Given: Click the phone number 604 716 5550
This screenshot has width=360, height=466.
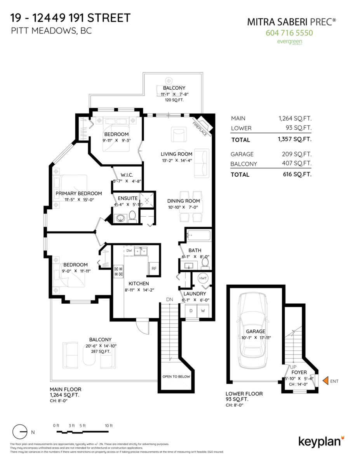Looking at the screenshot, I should point(289,33).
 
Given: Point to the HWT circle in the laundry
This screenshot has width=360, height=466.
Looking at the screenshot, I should point(203,278).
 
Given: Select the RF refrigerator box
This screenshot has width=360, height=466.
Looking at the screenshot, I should point(154,268).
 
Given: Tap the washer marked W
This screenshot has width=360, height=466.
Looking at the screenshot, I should point(203,311).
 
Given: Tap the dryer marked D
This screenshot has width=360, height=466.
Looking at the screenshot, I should point(191,311).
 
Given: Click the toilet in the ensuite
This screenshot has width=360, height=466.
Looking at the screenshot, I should point(132,216).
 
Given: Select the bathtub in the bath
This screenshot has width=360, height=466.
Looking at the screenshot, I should point(198,235).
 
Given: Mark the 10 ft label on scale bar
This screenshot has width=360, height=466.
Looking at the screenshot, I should point(109,426).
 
